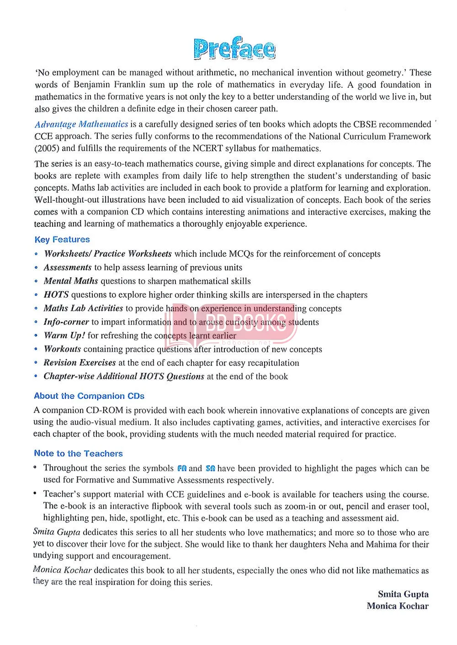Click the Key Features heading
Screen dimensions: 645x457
click(62, 239)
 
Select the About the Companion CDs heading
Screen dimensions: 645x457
click(89, 396)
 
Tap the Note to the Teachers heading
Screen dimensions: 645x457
click(78, 453)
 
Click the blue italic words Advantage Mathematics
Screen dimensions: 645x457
click(81, 124)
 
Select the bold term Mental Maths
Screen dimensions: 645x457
click(71, 281)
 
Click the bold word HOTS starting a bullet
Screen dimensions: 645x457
click(56, 295)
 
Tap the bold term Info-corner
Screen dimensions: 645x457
click(66, 322)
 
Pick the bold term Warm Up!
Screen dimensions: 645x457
click(64, 335)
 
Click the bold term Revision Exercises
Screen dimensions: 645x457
click(80, 363)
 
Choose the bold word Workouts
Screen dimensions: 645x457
click(62, 349)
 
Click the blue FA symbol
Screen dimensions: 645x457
click(182, 468)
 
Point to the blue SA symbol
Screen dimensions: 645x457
click(210, 468)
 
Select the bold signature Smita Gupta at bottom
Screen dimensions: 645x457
click(403, 594)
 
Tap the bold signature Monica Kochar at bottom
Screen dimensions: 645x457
click(398, 606)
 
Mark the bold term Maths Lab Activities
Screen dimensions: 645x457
click(83, 308)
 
